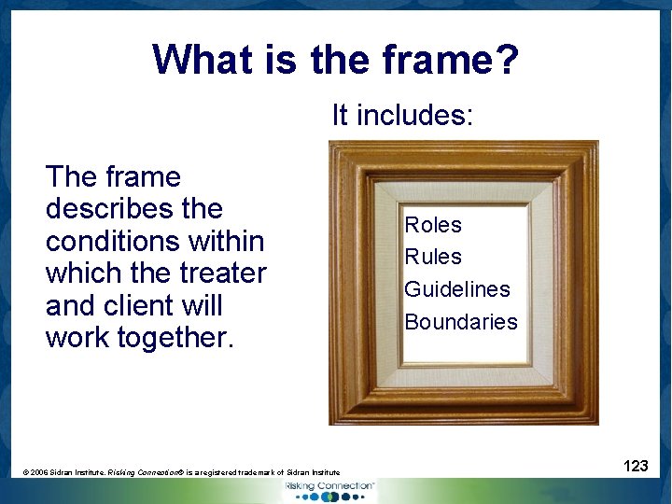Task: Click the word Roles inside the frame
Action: click(433, 225)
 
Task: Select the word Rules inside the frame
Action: click(433, 257)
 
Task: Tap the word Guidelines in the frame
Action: click(457, 289)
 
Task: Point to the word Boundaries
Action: click(461, 322)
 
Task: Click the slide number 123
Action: click(636, 466)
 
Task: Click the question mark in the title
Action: click(508, 60)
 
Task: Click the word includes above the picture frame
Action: click(416, 116)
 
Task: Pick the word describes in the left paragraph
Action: click(133, 209)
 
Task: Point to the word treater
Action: click(223, 273)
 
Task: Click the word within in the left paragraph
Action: click(230, 241)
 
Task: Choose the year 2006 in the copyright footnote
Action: click(42, 473)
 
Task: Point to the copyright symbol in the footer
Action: click(26, 473)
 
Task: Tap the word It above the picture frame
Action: click(341, 116)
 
